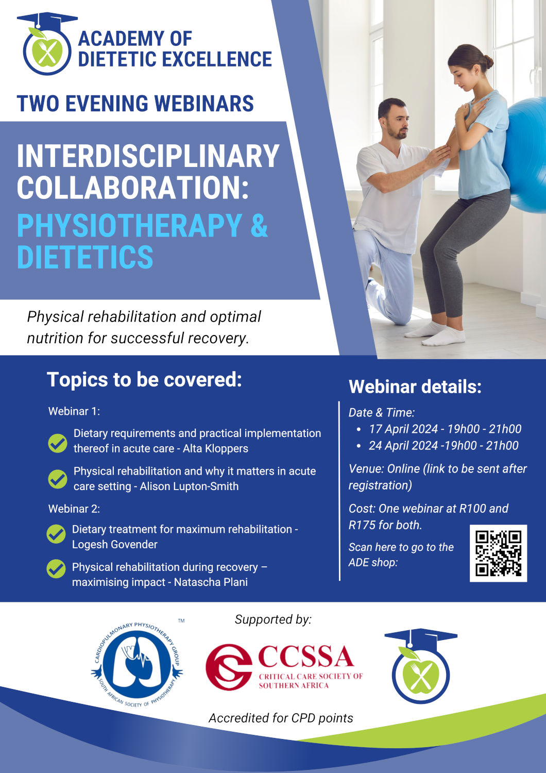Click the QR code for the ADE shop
(498, 553)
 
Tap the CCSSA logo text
(306, 657)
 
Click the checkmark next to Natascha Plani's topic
(56, 569)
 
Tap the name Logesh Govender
(115, 545)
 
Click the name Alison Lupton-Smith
(189, 486)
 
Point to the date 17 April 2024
(403, 429)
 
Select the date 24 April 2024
(403, 446)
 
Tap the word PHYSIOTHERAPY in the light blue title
(129, 225)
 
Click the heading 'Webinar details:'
(415, 387)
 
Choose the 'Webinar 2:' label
(74, 509)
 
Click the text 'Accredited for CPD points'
(281, 718)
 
